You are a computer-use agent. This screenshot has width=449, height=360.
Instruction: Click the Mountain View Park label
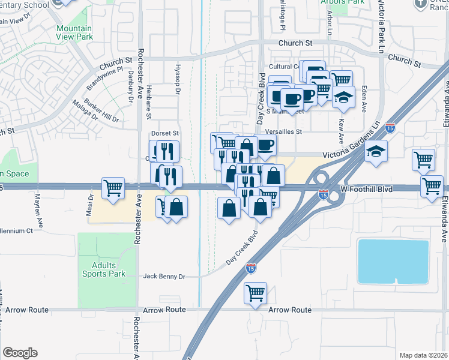[74, 32]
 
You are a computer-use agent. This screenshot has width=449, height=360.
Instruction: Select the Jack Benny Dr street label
[164, 277]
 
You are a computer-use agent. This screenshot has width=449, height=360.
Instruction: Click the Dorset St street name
[165, 133]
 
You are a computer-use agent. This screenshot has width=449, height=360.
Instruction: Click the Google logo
[20, 353]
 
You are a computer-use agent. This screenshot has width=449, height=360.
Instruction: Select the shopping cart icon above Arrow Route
[256, 294]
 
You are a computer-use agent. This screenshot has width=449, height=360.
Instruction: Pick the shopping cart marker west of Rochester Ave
[113, 188]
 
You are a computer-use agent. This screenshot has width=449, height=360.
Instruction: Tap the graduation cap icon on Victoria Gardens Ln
[376, 151]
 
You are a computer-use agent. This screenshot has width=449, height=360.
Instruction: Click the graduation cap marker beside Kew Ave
[343, 97]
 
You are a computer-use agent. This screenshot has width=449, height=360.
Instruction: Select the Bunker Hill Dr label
[102, 111]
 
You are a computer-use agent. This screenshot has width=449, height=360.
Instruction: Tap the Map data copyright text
[423, 355]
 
